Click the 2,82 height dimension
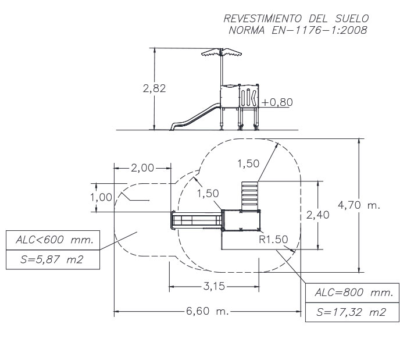click(x=155, y=89)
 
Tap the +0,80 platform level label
click(x=277, y=102)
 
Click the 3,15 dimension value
click(x=214, y=286)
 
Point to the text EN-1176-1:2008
click(x=322, y=30)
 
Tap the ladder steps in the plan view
click(x=248, y=195)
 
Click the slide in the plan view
click(x=196, y=220)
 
